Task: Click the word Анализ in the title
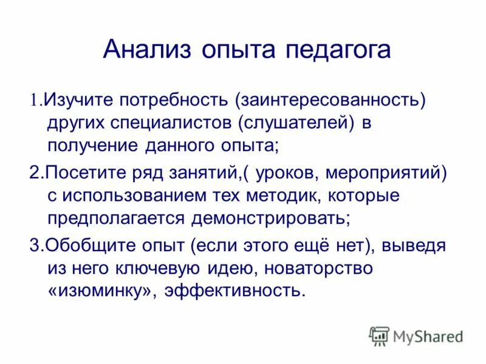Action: pos(143,49)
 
